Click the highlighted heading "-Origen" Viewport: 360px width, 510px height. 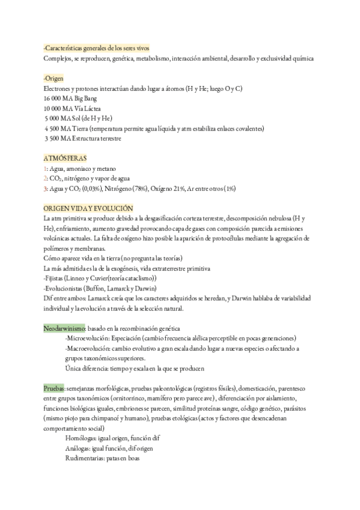[x=55, y=78]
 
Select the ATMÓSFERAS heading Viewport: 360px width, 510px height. [x=66, y=158]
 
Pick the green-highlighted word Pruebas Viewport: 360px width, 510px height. [x=54, y=388]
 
